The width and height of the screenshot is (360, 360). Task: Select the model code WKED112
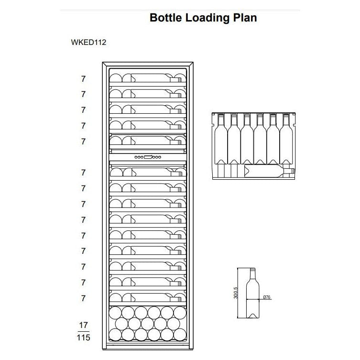point(88,42)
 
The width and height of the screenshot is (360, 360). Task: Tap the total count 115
point(84,338)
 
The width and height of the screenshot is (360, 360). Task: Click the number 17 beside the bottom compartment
point(84,325)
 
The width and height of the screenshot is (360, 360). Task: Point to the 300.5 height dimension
point(236,293)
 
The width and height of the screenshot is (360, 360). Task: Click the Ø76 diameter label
point(267,297)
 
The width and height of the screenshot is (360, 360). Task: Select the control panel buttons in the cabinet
point(148,157)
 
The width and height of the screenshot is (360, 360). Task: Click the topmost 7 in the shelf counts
point(83,79)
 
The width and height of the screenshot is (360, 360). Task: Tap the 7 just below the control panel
point(83,173)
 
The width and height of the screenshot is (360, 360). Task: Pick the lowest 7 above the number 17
point(83,298)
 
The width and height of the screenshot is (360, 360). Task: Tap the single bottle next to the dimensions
point(252,293)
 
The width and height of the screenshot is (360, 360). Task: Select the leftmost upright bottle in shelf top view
point(221,139)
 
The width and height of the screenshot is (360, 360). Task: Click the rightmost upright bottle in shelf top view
point(286,139)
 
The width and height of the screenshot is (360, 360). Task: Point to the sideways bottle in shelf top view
point(269,171)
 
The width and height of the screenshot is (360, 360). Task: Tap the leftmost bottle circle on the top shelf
point(116,78)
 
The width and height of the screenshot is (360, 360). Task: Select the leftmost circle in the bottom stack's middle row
point(121,324)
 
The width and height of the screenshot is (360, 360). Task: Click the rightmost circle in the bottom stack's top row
point(180,313)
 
